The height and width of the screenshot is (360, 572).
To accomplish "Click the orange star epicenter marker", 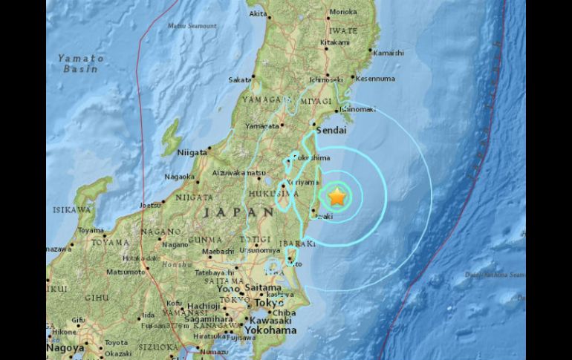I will pos(337,197).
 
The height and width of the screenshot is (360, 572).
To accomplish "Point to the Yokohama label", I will pos(272,330).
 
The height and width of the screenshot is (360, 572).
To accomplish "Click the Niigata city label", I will pos(192,153).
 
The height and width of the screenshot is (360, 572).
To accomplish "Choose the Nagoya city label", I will pos(65,347).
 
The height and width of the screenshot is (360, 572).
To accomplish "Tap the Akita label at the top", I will pos(258,13).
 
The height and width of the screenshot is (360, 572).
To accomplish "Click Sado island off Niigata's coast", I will pos(171,137).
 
